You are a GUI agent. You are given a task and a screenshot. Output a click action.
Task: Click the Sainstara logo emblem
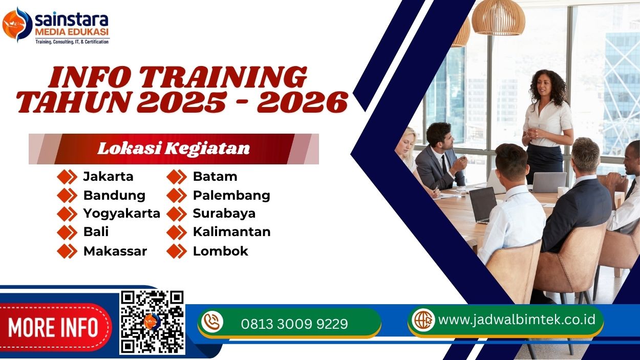[x=17, y=24]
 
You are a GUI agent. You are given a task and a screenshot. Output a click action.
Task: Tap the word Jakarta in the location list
[x=108, y=177]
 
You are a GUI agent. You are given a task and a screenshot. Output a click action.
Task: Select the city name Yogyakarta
[x=121, y=213]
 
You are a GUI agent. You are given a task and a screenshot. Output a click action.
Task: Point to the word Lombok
[x=220, y=251]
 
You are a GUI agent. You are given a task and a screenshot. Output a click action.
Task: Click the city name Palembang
[x=231, y=195]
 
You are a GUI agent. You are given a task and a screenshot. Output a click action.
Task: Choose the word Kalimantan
[x=231, y=231]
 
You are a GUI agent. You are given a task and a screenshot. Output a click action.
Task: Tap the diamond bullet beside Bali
[x=67, y=232]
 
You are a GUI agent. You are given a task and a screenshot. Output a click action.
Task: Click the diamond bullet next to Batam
[x=177, y=177]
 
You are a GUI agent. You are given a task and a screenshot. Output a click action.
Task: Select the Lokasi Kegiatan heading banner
[x=174, y=149]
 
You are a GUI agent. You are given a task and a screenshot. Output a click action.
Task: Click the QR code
[x=152, y=322]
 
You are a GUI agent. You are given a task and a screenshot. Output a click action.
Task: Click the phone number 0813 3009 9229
[x=294, y=324]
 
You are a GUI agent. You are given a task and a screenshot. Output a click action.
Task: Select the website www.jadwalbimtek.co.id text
[x=517, y=320]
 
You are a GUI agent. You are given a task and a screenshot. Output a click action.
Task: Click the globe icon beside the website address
[x=423, y=320]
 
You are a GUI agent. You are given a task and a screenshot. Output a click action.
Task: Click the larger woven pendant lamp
[x=499, y=17]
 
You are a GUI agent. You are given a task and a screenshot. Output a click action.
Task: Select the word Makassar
[x=115, y=251]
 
